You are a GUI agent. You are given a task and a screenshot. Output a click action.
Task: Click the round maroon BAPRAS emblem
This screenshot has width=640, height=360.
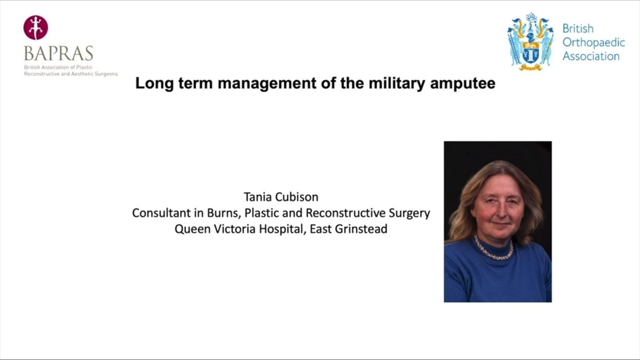click(36, 27)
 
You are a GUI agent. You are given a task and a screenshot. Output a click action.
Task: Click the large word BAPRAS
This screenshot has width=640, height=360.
click(59, 53)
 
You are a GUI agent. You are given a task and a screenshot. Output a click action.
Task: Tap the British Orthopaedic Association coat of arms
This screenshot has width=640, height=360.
click(530, 42)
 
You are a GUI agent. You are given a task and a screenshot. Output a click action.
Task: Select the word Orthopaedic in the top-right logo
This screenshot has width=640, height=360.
click(594, 43)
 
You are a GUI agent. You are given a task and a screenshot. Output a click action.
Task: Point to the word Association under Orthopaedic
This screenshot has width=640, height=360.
click(591, 57)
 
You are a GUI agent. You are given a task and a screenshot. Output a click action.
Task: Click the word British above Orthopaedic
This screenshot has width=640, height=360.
click(578, 29)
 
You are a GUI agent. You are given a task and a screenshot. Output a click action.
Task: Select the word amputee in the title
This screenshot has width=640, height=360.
click(462, 84)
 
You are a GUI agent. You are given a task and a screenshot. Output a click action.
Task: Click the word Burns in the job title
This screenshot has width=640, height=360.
click(223, 213)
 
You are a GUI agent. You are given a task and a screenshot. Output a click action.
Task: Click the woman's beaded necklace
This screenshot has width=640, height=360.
click(494, 250)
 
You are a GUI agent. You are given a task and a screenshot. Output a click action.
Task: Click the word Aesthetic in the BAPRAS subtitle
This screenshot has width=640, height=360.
click(84, 74)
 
